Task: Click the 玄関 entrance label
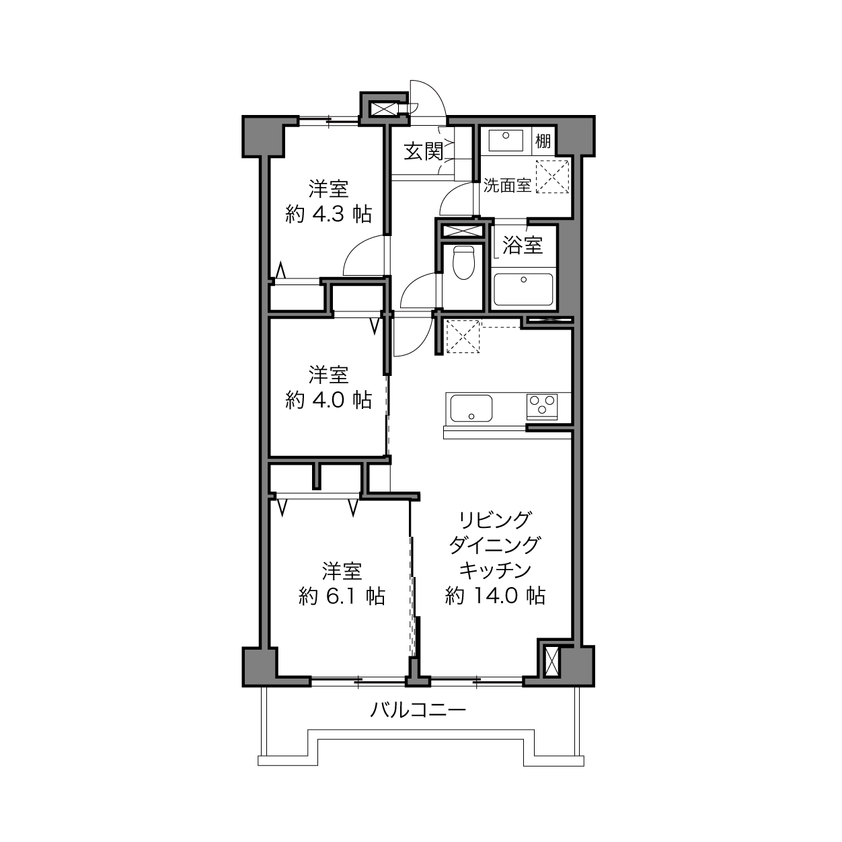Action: pos(424,151)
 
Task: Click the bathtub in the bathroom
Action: pos(523,289)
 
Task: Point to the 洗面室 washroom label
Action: pos(507,186)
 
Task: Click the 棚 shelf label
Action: pos(543,141)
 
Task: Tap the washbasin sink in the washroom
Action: pos(506,141)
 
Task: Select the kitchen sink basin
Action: pos(471,408)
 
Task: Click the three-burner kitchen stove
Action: pos(542,404)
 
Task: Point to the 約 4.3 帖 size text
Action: pos(329,214)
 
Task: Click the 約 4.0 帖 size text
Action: pos(329,399)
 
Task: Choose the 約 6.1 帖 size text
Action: pos(342,596)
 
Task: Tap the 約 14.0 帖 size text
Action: pos(495,595)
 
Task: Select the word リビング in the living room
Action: pos(494,520)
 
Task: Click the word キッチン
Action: pos(495,570)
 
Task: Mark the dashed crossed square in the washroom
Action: pos(552,176)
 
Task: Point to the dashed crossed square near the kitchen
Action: pos(463,336)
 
